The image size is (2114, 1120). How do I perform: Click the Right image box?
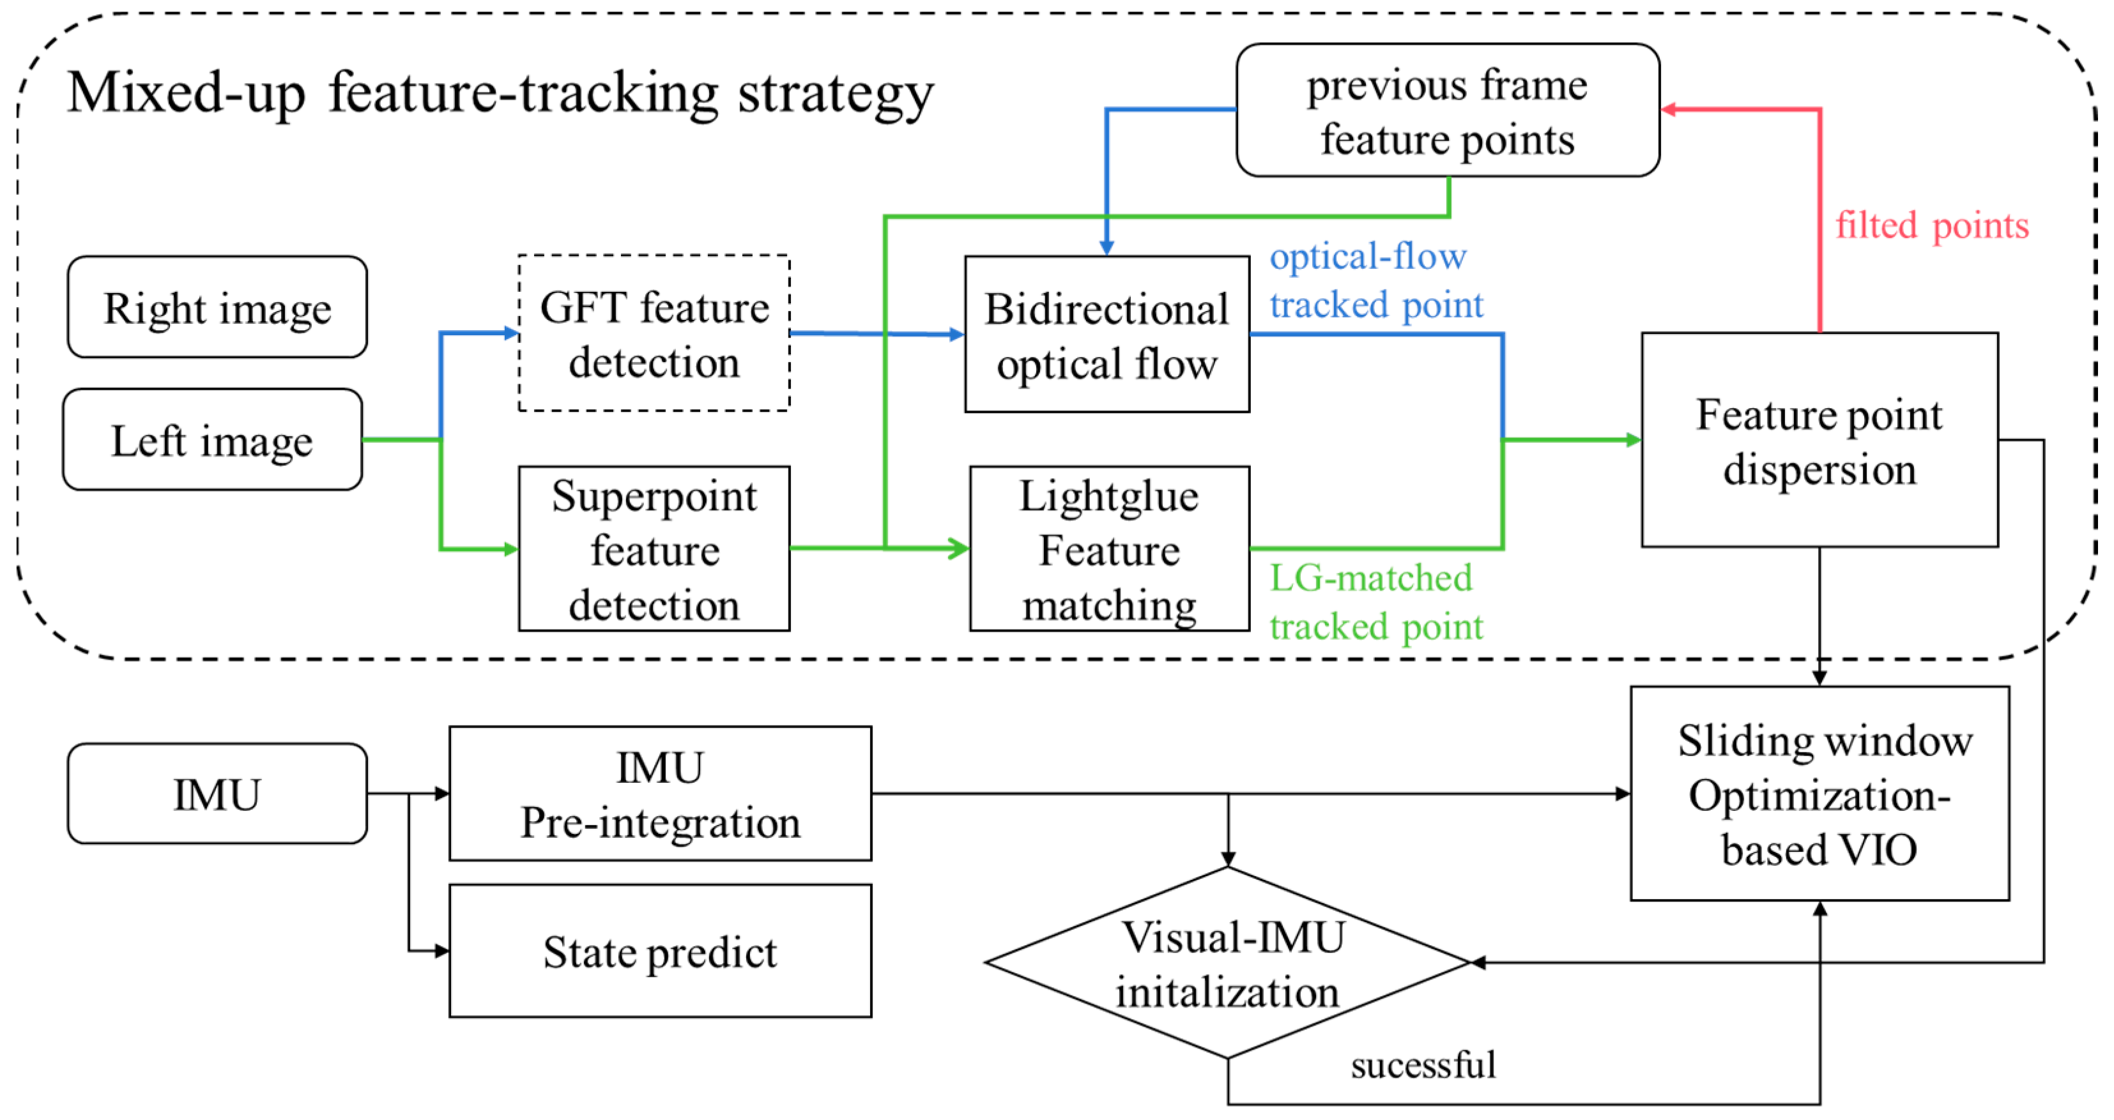pos(217,307)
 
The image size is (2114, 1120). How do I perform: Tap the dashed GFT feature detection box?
pos(654,333)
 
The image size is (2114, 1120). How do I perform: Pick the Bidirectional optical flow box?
pos(1107,334)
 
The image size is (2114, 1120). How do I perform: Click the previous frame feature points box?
pos(1447,110)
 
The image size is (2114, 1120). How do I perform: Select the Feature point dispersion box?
pos(1819,440)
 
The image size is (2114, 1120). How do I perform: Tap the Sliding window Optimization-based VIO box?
pos(1819,794)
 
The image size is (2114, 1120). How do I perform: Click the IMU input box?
pos(217,794)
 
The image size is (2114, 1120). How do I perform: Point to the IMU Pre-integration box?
pos(660,794)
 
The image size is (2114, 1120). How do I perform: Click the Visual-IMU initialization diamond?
pos(1228,962)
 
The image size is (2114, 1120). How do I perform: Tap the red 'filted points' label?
pos(1932,225)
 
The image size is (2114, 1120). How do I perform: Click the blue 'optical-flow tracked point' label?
pos(1375,280)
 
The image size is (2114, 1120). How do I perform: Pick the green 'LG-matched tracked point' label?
pos(1375,602)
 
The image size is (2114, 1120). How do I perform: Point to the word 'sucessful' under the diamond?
pos(1423,1065)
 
